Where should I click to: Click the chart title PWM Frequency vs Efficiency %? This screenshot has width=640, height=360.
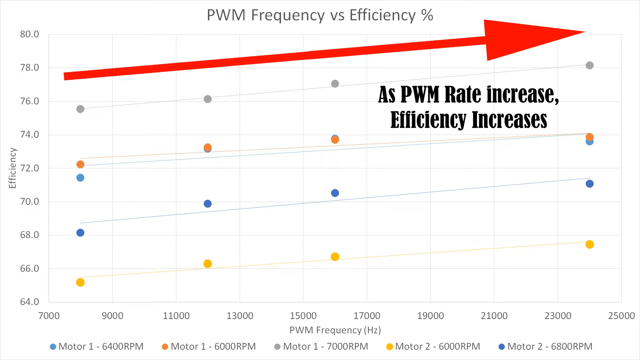(x=320, y=15)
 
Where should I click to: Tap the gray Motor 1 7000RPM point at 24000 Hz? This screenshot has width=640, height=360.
(x=589, y=65)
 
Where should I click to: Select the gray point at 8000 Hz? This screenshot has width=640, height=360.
(x=80, y=109)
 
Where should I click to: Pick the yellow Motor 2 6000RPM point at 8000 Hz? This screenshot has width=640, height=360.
(x=80, y=282)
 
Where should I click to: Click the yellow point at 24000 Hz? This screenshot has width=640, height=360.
(x=589, y=244)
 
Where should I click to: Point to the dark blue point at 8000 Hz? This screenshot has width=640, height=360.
(x=80, y=233)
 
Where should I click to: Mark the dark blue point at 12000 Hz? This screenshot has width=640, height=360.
(x=208, y=204)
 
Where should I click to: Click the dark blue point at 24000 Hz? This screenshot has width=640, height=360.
(x=589, y=184)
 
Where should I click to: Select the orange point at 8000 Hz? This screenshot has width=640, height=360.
(x=80, y=164)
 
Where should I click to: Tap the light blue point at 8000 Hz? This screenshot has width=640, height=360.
(x=80, y=178)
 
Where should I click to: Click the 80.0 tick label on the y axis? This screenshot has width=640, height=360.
(x=29, y=34)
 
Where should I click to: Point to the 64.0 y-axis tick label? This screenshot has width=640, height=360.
(x=29, y=302)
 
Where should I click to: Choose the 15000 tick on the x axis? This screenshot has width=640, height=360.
(x=303, y=316)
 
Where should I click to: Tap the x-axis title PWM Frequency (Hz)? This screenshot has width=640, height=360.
(x=335, y=330)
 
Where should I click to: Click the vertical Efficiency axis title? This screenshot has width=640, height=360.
(x=12, y=168)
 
